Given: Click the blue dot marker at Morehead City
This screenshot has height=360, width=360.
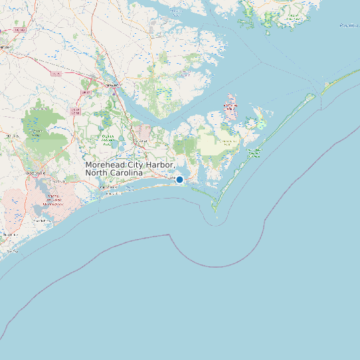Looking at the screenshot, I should click(x=179, y=179).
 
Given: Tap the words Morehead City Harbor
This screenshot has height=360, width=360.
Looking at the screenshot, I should click(x=130, y=164).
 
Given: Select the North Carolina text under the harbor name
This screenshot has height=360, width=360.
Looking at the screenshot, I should click(x=114, y=173).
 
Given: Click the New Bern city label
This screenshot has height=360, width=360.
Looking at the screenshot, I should click(x=113, y=85).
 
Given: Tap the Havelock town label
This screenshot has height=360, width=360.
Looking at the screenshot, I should click(x=141, y=141).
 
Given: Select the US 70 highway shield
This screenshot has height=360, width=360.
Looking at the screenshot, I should click(x=56, y=74).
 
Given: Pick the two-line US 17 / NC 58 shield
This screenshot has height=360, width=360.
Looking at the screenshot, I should click(x=76, y=112).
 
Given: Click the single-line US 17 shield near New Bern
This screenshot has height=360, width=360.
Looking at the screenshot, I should click(x=85, y=92).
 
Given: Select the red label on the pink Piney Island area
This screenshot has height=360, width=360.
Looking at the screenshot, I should click(x=230, y=106).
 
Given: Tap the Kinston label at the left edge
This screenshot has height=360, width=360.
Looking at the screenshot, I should click(x=5, y=47).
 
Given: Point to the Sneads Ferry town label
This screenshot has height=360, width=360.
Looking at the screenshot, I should click(x=44, y=221).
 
